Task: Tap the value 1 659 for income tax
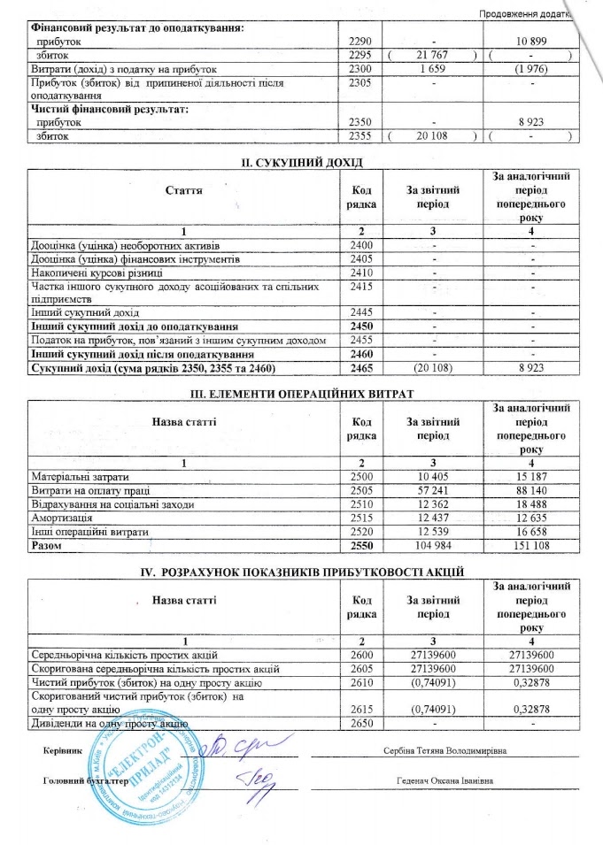click(x=434, y=68)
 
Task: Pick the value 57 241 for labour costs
click(x=434, y=490)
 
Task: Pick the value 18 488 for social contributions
click(x=530, y=503)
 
